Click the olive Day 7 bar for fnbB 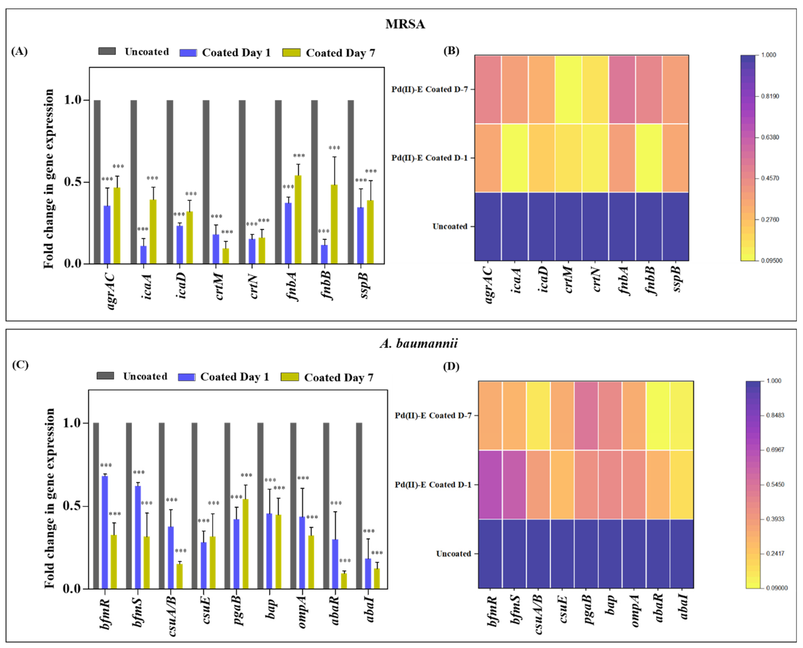(334, 224)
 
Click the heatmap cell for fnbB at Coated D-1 (648, 158)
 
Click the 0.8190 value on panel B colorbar (770, 96)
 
